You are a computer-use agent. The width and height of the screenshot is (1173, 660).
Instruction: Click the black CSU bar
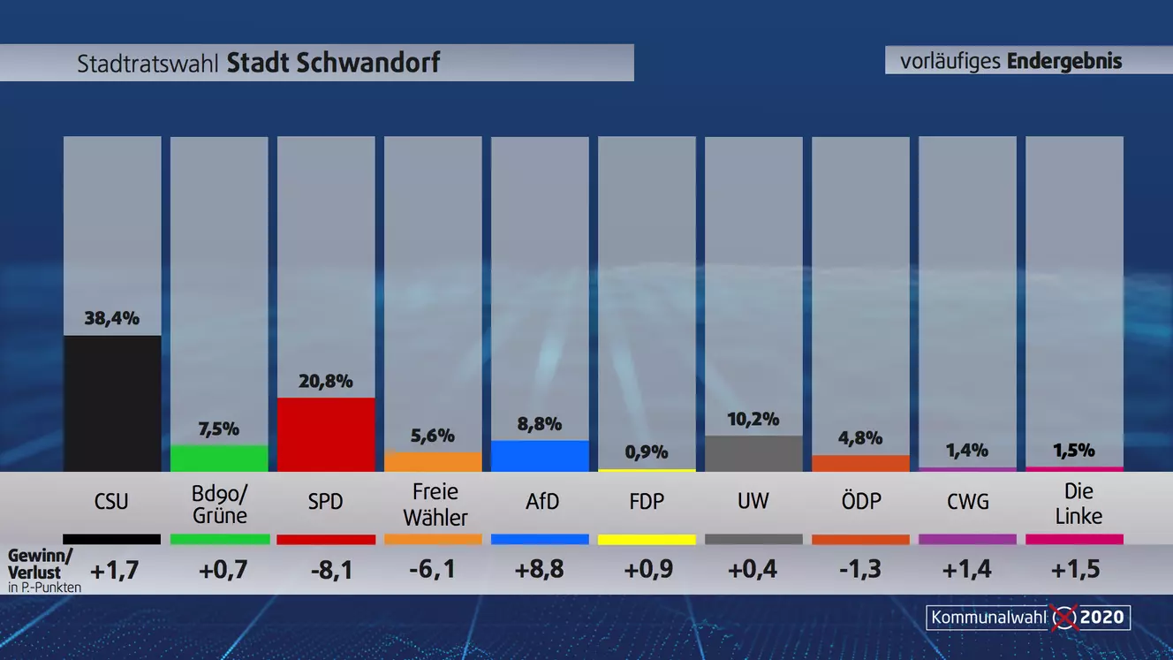[x=112, y=403]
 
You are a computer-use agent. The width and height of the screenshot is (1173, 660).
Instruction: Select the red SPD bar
[x=326, y=434]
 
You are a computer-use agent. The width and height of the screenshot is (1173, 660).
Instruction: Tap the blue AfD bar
[x=540, y=456]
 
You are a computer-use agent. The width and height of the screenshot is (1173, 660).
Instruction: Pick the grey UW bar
[x=753, y=453]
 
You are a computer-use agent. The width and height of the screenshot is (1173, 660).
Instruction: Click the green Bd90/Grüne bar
[x=219, y=459]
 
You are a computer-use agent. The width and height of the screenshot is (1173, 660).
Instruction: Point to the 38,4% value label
[x=112, y=319]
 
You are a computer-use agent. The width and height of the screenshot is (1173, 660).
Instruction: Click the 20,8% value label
[x=326, y=382]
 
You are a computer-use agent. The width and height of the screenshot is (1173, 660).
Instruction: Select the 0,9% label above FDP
[x=647, y=453]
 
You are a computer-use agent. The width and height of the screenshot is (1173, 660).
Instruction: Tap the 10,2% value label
[x=753, y=419]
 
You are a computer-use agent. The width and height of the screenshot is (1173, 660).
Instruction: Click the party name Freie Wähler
[x=434, y=504]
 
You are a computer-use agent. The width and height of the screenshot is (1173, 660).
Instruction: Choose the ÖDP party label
[x=861, y=501]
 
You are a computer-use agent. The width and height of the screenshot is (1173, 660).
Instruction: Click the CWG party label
[x=967, y=501]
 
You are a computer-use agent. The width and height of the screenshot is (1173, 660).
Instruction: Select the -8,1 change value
[x=332, y=570]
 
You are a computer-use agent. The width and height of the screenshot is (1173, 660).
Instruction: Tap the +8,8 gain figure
[x=539, y=570]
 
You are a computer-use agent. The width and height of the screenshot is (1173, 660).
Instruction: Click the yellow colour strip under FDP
[x=647, y=539]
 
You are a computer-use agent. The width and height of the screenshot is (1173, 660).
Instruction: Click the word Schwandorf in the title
[x=333, y=64]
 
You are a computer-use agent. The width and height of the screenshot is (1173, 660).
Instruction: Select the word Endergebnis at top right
[x=1063, y=61]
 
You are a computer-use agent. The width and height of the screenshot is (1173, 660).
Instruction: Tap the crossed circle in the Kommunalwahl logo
[x=1064, y=617]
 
